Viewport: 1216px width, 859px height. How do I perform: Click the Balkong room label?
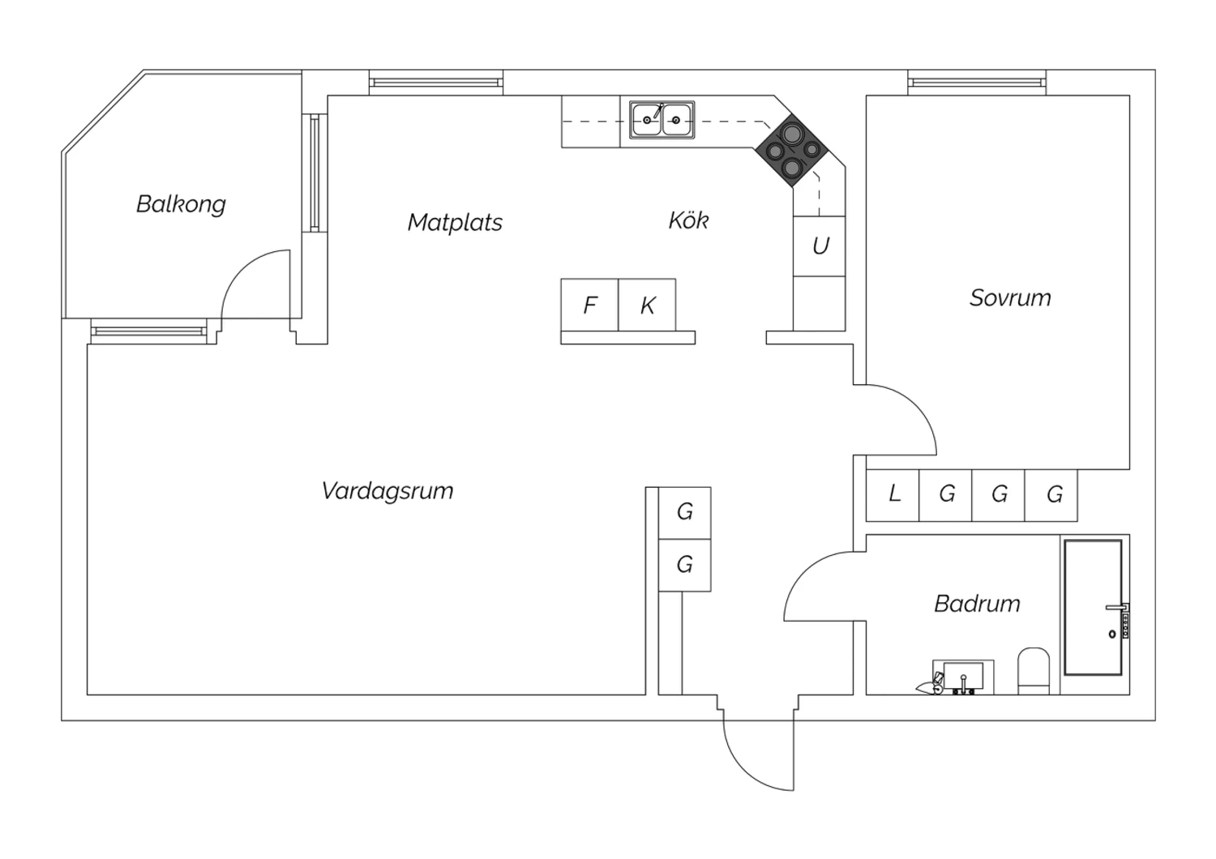[x=181, y=204]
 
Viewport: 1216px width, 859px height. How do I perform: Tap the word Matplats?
[x=455, y=223]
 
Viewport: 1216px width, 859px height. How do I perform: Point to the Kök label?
[x=688, y=220]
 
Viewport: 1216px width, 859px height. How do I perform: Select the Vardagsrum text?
[x=387, y=491]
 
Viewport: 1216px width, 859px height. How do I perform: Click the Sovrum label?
[x=1010, y=298]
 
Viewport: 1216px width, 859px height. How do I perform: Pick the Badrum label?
[x=977, y=604]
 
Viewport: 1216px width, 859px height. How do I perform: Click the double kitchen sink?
[x=662, y=119]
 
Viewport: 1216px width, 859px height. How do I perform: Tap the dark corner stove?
[x=793, y=150]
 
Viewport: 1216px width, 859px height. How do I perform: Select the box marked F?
[x=589, y=305]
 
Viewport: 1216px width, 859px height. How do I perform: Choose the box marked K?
[x=647, y=305]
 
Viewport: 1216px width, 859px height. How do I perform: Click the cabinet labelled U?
[x=819, y=246]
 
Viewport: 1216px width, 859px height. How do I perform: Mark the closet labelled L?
[x=893, y=495]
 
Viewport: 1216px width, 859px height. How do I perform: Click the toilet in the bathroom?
[x=1034, y=671]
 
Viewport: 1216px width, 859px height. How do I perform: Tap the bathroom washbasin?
[x=963, y=677]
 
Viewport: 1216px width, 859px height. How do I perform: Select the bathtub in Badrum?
[x=1094, y=608]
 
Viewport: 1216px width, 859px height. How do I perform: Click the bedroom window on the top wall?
[x=977, y=83]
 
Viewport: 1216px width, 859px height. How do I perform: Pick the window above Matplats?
[x=436, y=83]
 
